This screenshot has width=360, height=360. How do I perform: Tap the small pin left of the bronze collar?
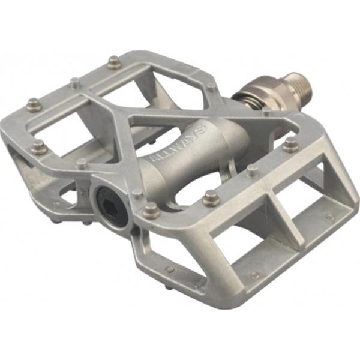(212, 88)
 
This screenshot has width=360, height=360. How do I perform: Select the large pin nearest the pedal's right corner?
(291, 145)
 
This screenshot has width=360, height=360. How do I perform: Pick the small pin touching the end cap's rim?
(138, 193)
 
